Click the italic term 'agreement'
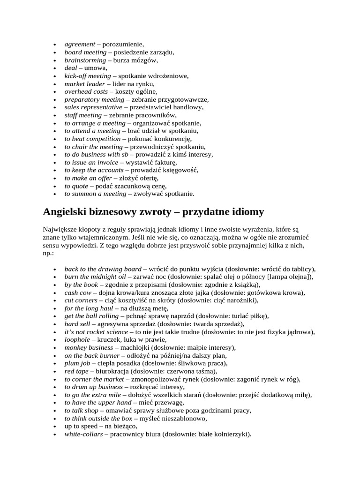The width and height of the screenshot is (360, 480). (80, 44)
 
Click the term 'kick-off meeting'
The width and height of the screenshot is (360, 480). (88, 75)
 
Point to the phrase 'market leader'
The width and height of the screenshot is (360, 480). (85, 83)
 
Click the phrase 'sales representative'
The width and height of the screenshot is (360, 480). (93, 107)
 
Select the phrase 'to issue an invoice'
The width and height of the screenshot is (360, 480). (91, 162)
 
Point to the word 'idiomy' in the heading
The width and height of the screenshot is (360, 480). (247, 212)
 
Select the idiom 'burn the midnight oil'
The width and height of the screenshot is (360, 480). (95, 277)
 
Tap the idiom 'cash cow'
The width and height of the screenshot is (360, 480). (77, 292)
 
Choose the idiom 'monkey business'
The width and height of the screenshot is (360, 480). (89, 347)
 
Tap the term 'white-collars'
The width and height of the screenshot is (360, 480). (83, 434)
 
